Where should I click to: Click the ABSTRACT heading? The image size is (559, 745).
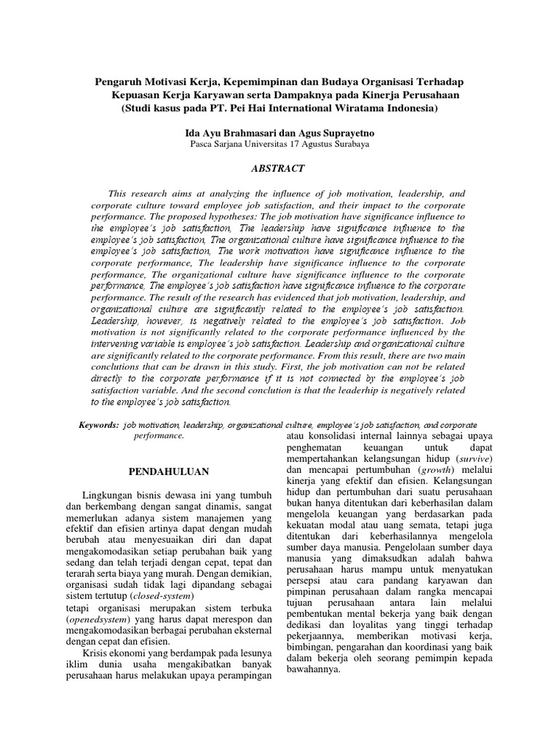(x=279, y=168)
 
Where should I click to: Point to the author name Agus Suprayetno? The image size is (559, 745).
(x=333, y=132)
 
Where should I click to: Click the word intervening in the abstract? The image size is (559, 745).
(x=119, y=341)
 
